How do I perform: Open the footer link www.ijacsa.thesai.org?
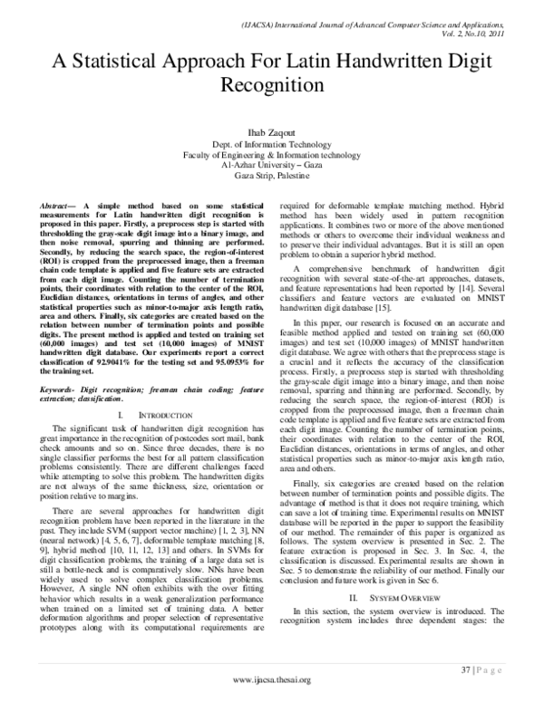click(x=272, y=679)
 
